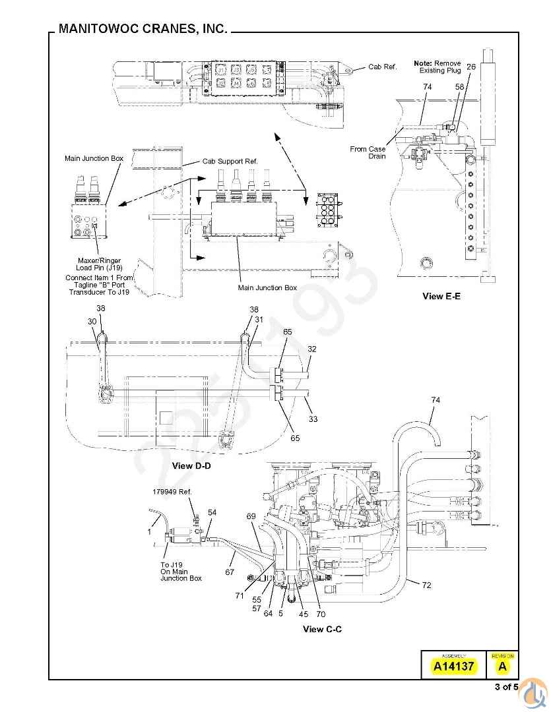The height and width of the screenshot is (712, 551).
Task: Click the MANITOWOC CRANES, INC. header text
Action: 143,29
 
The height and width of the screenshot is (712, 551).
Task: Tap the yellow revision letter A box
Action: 503,666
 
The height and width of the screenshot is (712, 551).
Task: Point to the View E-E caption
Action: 441,296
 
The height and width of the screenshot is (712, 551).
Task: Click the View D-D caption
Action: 191,465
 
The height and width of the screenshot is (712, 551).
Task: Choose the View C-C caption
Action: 322,629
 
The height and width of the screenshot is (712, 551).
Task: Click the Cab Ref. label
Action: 383,67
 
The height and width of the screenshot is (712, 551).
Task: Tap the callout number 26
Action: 470,67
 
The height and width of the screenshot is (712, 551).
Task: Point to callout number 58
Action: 459,86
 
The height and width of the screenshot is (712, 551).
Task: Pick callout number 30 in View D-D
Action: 92,321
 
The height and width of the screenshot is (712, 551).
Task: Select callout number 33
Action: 312,418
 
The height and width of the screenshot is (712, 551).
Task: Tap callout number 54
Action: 212,512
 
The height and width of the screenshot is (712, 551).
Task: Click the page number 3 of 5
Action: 506,688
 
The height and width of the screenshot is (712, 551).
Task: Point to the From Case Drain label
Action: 368,152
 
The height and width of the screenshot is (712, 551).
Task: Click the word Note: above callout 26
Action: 422,63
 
